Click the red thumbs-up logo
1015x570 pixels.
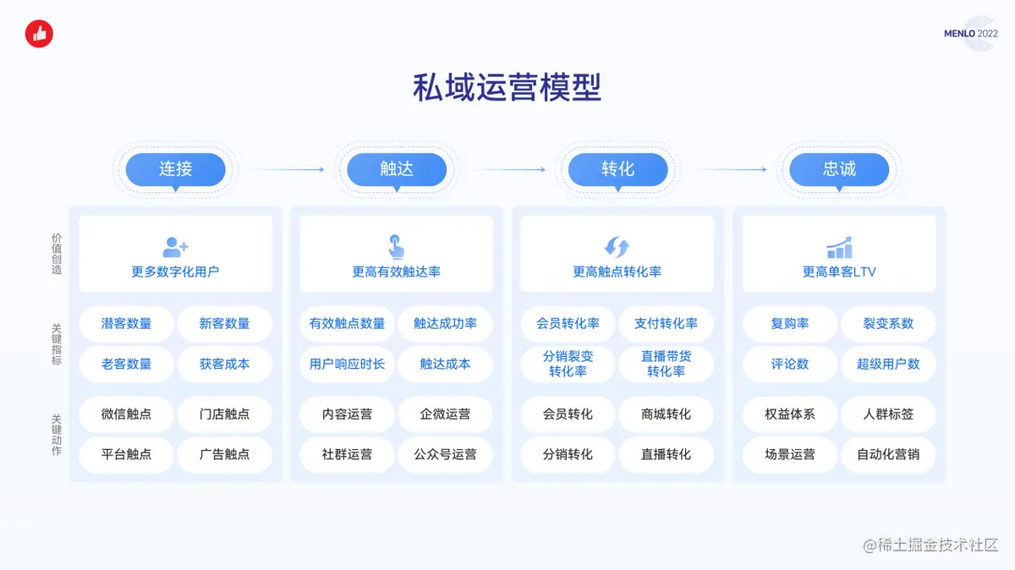point(39,34)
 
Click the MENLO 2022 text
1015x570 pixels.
point(970,34)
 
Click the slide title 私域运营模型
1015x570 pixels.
point(507,88)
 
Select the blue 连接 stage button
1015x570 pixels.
point(176,169)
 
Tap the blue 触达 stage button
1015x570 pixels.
point(397,169)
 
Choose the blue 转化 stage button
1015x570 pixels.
point(617,169)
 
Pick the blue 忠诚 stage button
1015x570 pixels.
point(839,169)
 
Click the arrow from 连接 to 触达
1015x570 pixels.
point(288,169)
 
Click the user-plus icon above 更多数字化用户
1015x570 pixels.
point(175,247)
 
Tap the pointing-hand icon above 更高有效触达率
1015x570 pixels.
point(396,246)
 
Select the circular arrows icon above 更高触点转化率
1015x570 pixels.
point(617,247)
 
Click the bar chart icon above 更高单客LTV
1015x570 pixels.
point(839,247)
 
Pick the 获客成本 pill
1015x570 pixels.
point(224,364)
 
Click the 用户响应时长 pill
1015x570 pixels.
point(347,364)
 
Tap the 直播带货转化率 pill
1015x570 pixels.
point(666,364)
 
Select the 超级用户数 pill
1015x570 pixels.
point(888,364)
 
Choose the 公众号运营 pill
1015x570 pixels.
point(445,454)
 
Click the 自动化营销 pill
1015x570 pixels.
point(888,454)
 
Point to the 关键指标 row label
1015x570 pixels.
point(57,343)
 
